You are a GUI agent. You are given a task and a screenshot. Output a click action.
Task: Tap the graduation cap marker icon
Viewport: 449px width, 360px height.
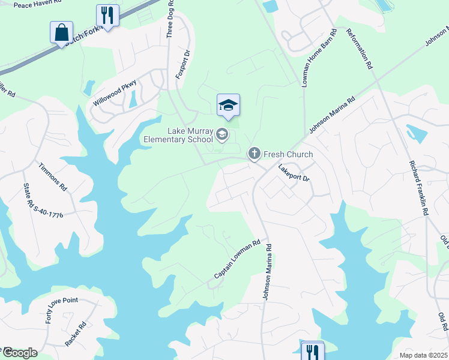point(228,106)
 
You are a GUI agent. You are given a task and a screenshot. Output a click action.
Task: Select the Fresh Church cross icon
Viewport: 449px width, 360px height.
point(255,154)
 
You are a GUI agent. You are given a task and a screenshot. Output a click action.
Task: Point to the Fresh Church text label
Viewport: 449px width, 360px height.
point(288,155)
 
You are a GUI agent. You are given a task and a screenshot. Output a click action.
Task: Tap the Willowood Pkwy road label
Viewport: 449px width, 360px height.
point(115,93)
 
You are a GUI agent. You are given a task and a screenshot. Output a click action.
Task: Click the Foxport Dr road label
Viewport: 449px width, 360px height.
point(182,64)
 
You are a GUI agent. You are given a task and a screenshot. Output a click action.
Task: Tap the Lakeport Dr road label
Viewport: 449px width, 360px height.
point(293,174)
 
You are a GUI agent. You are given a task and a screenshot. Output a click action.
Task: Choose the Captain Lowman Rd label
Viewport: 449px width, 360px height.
point(238,260)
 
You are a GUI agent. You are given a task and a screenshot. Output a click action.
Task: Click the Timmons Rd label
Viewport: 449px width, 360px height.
point(52,176)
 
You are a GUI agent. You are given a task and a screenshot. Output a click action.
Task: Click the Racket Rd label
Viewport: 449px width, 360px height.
point(76,335)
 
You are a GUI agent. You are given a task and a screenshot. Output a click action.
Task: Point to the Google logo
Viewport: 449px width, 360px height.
point(19,353)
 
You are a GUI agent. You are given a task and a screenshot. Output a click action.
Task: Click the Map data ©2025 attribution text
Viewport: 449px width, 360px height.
point(423,355)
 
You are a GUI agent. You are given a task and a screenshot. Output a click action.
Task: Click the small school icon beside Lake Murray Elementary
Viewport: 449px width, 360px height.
point(222,135)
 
